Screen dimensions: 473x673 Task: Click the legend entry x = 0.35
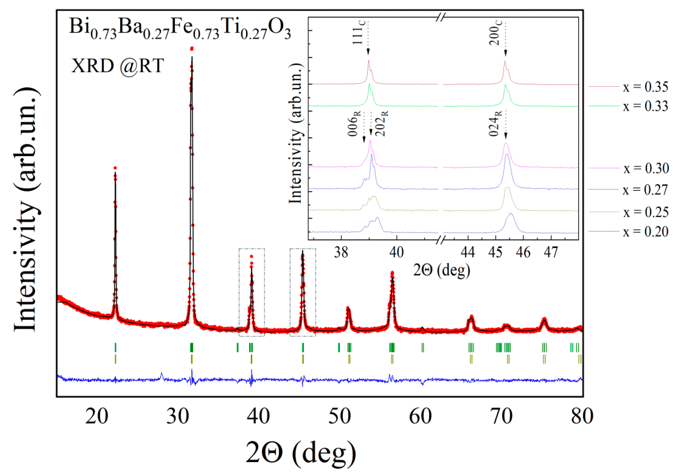click(x=645, y=87)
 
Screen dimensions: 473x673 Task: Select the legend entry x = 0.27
click(x=645, y=190)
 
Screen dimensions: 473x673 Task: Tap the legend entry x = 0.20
click(x=645, y=232)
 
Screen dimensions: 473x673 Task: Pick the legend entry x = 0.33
click(x=645, y=106)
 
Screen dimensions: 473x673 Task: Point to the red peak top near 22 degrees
click(x=115, y=168)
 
